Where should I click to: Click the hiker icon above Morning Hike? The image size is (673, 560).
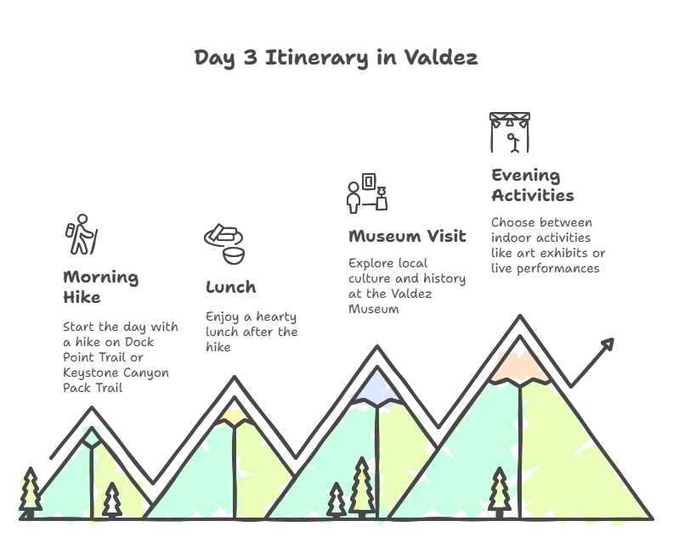pos(82,234)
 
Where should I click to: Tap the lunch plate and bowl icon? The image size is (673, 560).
pos(224,244)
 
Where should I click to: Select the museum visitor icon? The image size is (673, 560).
pos(367,193)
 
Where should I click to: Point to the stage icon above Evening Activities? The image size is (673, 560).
pos(510,132)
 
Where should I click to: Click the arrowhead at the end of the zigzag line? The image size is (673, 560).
pos(608,344)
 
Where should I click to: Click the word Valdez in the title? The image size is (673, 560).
pos(441,58)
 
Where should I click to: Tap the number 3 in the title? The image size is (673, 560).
pos(250,58)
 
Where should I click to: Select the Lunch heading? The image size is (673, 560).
pos(231,287)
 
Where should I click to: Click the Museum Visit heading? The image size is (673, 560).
pos(407,236)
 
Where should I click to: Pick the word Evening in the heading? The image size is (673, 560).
pos(526,176)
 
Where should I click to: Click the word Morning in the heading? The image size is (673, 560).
pos(101,277)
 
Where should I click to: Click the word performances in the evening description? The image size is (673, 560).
pos(558,269)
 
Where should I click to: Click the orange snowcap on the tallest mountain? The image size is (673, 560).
pos(519,367)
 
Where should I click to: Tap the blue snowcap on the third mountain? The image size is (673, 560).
pos(376,389)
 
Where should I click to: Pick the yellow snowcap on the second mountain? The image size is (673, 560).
pos(235,416)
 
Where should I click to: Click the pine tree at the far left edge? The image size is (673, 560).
pos(30,493)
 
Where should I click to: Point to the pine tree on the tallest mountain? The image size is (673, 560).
pos(499,493)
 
